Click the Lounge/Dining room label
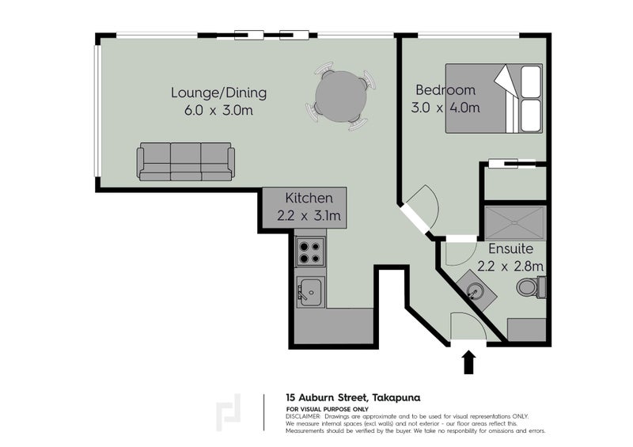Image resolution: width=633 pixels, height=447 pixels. (218, 93)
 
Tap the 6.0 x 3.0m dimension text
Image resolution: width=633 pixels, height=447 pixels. (218, 111)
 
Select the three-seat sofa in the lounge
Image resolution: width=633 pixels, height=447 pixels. (186, 161)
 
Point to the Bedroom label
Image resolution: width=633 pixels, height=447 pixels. (445, 89)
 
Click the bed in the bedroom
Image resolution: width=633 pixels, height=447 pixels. (495, 98)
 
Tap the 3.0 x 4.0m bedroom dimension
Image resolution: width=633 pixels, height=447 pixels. (445, 108)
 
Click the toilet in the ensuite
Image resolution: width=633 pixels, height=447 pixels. (530, 287)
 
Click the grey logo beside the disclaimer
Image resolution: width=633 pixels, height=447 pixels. (231, 413)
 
